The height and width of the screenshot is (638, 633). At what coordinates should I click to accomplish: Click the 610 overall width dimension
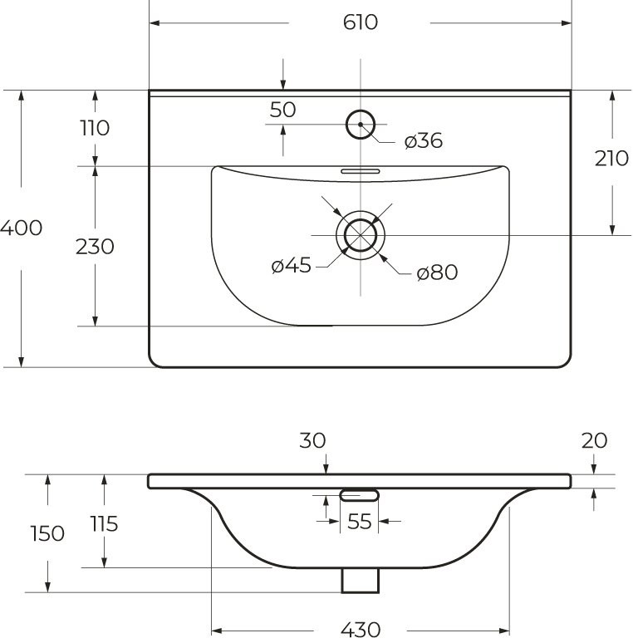point(360,22)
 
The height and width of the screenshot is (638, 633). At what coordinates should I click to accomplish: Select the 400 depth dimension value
point(21,228)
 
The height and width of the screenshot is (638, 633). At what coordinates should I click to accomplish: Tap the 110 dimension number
point(95,128)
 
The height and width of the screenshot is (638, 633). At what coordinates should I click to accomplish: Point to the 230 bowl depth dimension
point(95,247)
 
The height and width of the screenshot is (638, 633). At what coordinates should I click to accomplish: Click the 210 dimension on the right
point(611,159)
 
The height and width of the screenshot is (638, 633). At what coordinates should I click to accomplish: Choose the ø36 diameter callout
point(424,141)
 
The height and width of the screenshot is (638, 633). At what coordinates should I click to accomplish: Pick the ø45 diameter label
point(291,266)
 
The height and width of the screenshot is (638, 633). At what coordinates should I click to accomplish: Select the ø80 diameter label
point(437,272)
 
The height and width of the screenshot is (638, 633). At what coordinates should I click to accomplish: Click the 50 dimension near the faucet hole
point(283,110)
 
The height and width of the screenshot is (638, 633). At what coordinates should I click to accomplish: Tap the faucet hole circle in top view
point(361,125)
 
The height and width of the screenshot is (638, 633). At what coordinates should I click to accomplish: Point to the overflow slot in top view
point(361,169)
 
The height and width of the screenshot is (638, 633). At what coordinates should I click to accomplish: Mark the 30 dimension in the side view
point(312,440)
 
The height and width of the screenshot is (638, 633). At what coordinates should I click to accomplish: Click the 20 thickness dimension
point(595,440)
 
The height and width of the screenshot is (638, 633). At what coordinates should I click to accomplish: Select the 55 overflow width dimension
point(359,523)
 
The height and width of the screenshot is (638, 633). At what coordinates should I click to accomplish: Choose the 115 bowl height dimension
point(104,523)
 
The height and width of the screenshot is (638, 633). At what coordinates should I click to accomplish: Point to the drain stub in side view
point(360,581)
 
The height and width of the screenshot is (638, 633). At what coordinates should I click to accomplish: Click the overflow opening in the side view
point(360,495)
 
